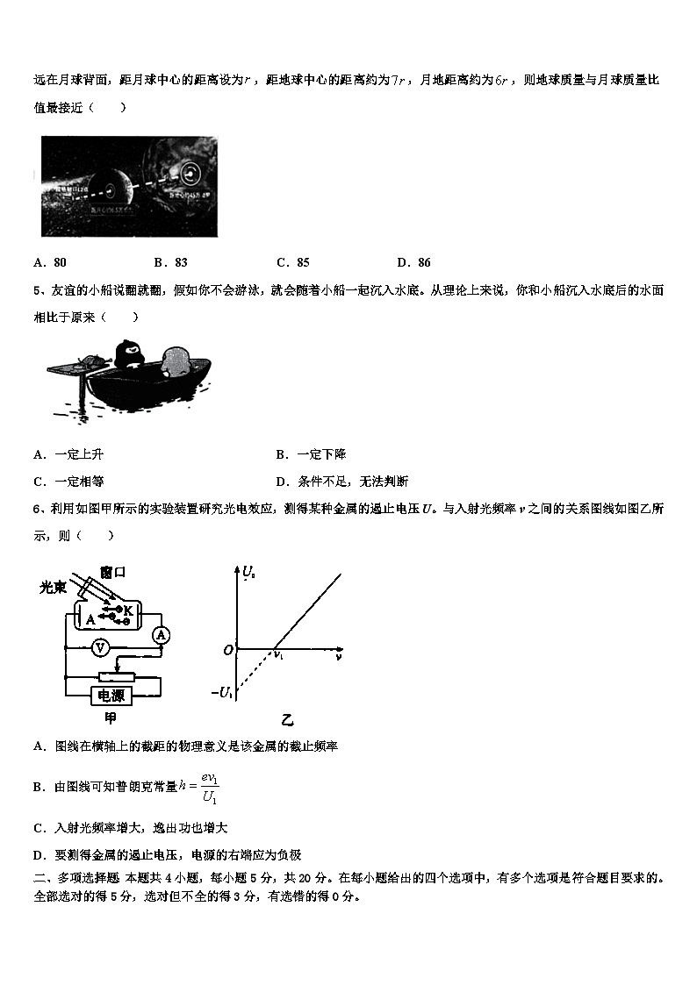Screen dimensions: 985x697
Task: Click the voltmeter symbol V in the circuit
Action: pos(100,647)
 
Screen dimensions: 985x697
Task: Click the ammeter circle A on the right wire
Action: pos(160,634)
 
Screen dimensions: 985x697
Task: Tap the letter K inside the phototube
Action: pos(127,610)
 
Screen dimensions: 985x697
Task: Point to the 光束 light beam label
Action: pos(54,588)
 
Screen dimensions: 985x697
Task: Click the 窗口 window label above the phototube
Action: pos(113,572)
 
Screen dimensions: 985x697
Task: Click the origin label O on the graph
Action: pos(227,650)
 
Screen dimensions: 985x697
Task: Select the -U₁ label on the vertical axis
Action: pos(222,693)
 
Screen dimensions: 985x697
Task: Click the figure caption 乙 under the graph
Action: pos(287,721)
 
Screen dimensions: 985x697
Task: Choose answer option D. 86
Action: pos(413,262)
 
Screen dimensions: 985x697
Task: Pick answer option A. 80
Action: pos(50,262)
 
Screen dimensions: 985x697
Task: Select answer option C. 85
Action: pos(292,262)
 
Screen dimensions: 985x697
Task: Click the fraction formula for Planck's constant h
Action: pos(208,787)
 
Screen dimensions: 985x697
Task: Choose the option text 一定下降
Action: pos(321,454)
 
